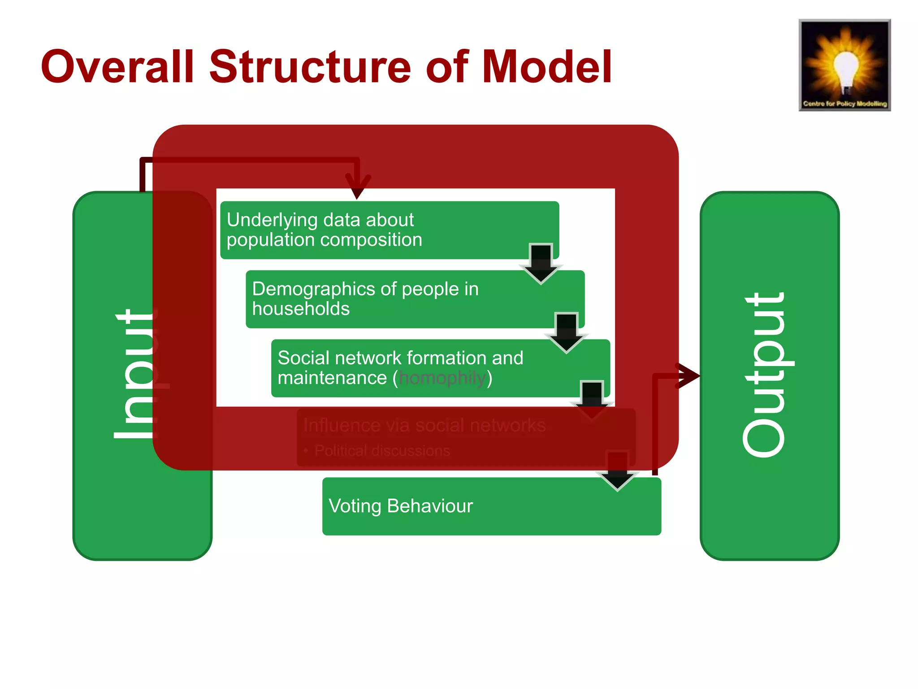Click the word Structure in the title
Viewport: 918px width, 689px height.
click(x=309, y=67)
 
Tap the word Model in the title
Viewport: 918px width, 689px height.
click(x=547, y=67)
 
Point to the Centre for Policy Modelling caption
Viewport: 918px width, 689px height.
click(x=845, y=104)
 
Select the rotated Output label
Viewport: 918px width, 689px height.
click(x=765, y=375)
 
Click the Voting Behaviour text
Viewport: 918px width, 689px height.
click(x=401, y=506)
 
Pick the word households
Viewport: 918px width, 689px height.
click(x=301, y=309)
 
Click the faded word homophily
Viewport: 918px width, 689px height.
click(x=442, y=378)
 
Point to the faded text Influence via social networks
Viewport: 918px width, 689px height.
click(x=424, y=425)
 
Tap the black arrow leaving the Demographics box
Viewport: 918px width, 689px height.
click(x=567, y=333)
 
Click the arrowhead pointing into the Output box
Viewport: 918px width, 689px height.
click(x=688, y=375)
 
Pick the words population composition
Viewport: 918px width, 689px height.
click(x=324, y=240)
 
